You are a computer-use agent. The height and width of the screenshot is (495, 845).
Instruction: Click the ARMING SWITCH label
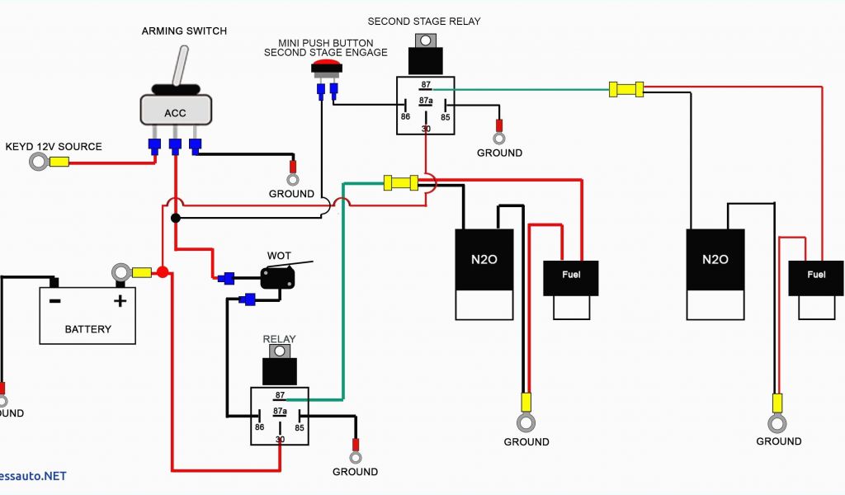[184, 31]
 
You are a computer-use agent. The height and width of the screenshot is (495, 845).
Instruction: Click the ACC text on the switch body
[175, 113]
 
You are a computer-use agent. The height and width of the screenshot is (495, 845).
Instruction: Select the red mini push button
[326, 67]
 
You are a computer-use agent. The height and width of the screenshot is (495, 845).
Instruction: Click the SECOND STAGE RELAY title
[423, 21]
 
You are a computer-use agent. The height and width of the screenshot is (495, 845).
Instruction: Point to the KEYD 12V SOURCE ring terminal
[38, 161]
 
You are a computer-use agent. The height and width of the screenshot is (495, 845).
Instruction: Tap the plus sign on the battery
[120, 300]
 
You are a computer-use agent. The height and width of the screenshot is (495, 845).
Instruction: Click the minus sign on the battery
[54, 300]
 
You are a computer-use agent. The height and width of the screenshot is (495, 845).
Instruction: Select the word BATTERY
[87, 329]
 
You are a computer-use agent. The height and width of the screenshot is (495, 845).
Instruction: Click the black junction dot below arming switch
[175, 218]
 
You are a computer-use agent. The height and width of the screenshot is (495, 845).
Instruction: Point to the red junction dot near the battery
[163, 272]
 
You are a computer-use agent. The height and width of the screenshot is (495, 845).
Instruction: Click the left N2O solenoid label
[484, 259]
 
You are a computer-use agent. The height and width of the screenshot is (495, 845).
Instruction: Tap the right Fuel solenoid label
[816, 275]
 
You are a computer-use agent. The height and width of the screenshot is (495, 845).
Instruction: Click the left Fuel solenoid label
[570, 275]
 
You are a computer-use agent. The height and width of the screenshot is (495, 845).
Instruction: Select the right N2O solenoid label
[715, 259]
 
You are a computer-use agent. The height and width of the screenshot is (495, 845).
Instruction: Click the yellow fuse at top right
[625, 89]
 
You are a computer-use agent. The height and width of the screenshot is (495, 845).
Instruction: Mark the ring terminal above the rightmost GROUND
[777, 423]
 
